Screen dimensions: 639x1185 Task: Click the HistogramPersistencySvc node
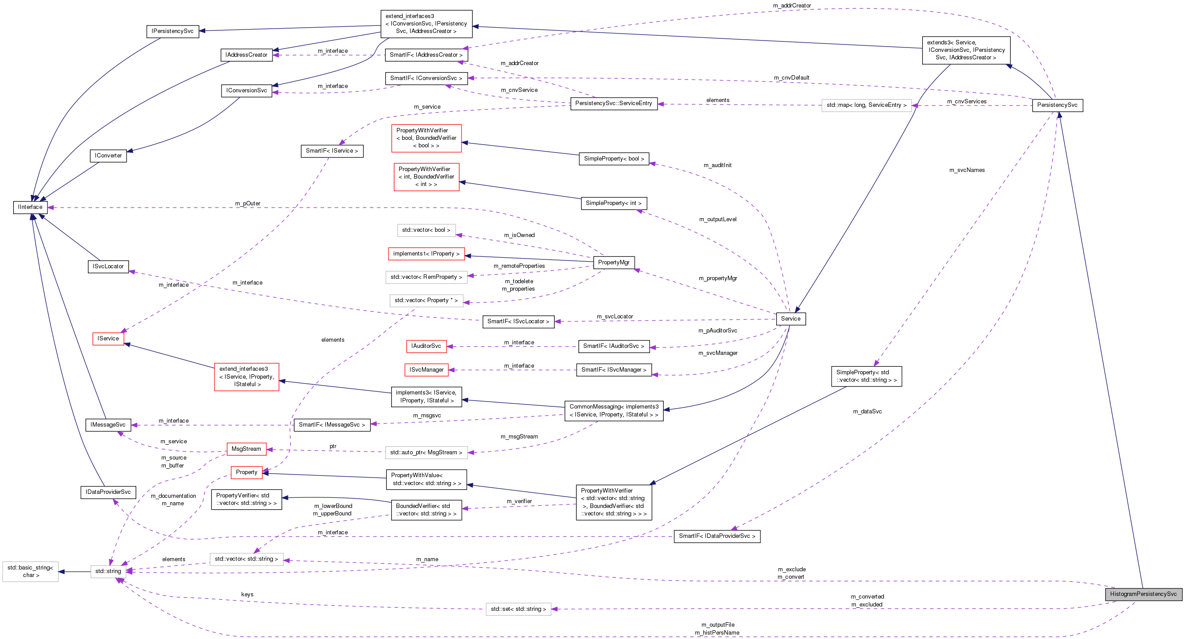click(x=1143, y=594)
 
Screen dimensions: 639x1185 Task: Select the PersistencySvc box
click(x=1057, y=105)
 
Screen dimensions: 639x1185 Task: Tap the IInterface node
click(x=30, y=207)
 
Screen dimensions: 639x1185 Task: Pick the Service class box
click(x=790, y=318)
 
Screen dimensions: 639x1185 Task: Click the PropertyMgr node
click(x=614, y=263)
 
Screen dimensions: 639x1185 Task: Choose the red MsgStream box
click(x=246, y=449)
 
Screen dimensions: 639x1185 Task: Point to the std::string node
click(x=108, y=571)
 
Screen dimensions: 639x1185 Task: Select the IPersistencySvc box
click(x=172, y=31)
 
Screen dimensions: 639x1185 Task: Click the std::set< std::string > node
click(x=519, y=609)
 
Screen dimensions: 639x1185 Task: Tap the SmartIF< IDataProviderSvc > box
click(x=717, y=536)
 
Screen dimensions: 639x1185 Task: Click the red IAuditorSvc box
click(x=426, y=346)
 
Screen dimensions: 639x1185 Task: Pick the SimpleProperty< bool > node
click(x=614, y=159)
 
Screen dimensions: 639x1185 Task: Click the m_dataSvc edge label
click(x=867, y=412)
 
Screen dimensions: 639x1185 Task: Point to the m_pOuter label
click(x=247, y=204)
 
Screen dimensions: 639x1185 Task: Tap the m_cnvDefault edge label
click(x=791, y=78)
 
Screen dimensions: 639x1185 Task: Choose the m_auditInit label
click(x=717, y=165)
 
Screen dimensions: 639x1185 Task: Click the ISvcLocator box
click(x=108, y=267)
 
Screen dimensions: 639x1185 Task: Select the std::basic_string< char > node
click(x=30, y=571)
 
